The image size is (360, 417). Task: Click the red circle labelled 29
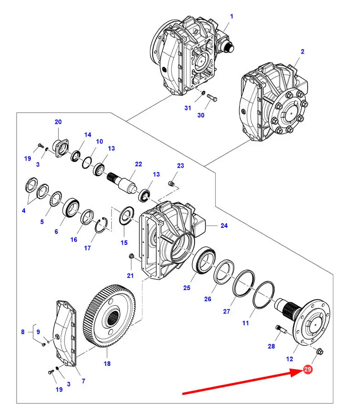308,370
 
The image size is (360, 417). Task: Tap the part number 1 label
232,17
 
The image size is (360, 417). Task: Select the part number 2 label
303,52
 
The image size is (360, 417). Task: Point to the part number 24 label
224,226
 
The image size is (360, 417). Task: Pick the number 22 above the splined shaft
138,164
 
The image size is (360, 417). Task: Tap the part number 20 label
58,122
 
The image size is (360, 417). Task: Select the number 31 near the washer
187,108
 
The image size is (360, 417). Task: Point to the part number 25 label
187,288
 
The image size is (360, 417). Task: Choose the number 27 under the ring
226,311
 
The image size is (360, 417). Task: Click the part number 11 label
245,323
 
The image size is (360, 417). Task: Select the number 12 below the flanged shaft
289,359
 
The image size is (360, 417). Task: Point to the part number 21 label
130,276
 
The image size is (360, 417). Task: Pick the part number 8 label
23,331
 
